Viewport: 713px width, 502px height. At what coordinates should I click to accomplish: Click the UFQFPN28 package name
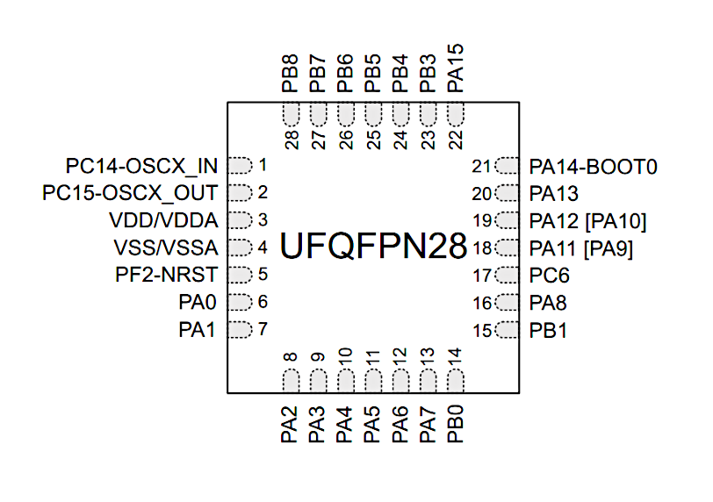click(x=373, y=246)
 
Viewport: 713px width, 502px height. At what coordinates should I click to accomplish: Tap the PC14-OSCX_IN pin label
click(x=142, y=166)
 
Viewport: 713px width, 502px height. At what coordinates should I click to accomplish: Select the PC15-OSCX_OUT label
click(x=130, y=193)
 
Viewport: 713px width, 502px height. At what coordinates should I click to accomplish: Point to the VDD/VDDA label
click(x=163, y=220)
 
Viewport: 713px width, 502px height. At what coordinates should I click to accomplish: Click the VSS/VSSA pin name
click(x=166, y=247)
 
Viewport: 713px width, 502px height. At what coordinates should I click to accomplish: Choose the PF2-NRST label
click(x=167, y=275)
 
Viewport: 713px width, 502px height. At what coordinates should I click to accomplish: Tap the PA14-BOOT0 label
click(x=594, y=167)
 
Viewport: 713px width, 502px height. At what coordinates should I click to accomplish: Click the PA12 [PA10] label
click(x=588, y=222)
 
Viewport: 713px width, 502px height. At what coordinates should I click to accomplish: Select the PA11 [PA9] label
click(x=581, y=249)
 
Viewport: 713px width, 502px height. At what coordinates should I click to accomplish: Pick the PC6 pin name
click(x=550, y=276)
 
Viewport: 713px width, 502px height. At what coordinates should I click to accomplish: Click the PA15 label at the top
click(x=455, y=68)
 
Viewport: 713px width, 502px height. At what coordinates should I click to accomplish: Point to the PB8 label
click(x=290, y=74)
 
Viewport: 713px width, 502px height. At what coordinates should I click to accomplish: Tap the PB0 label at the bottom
click(x=455, y=424)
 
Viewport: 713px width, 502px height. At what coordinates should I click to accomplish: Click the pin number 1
click(x=263, y=165)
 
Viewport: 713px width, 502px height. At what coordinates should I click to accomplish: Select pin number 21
click(x=481, y=167)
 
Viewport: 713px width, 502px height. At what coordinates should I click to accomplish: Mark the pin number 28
click(x=292, y=140)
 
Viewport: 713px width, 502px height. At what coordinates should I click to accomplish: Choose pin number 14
click(x=455, y=357)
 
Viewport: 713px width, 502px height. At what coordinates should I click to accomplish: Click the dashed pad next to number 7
click(x=240, y=329)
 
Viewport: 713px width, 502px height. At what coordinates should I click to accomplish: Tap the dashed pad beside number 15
click(x=507, y=330)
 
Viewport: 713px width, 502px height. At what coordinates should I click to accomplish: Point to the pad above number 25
click(x=373, y=114)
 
